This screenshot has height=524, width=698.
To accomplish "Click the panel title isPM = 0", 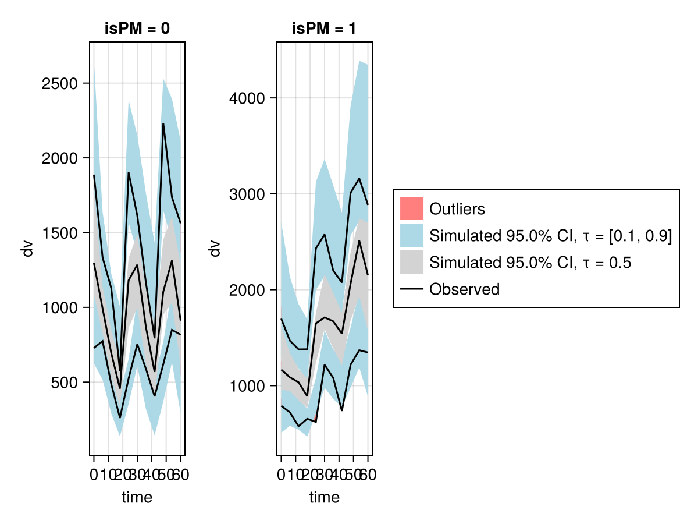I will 137,29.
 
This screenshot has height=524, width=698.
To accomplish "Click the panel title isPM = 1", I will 324,29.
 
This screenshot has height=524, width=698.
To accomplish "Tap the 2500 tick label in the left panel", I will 61,83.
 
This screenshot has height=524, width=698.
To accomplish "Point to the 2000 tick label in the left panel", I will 61,158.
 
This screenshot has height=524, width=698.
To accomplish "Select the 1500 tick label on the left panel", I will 61,233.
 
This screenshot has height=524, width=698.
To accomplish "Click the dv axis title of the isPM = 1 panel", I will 215,249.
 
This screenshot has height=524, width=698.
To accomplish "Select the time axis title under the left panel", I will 137,497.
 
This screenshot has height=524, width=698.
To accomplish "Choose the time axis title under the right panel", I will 324,497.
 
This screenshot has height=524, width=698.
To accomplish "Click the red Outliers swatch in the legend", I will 411,208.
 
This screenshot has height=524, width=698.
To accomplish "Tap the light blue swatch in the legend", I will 411,235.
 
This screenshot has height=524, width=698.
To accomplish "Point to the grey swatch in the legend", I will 411,262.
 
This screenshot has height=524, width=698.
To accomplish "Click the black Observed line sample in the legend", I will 411,289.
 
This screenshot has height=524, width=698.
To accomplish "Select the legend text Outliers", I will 457,208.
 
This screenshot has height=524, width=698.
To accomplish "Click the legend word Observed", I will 464,289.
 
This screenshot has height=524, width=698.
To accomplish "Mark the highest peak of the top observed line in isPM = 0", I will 163,123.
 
